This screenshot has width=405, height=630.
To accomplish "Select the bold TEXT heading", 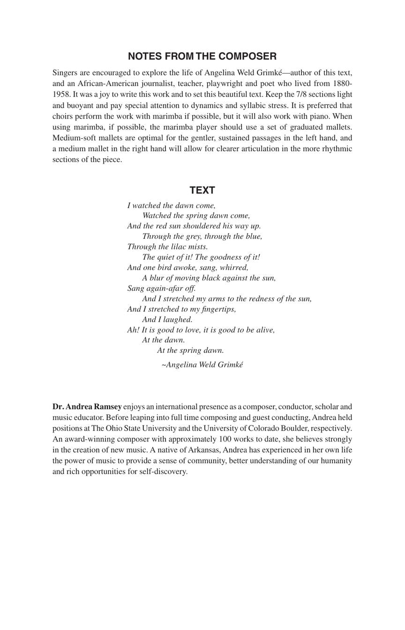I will (x=202, y=190).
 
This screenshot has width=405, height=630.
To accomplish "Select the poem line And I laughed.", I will (x=167, y=319).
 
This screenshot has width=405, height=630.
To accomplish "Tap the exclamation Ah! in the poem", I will (x=133, y=330).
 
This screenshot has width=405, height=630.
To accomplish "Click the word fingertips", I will (x=214, y=309).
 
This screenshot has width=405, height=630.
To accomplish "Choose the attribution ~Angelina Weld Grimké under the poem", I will (x=202, y=365).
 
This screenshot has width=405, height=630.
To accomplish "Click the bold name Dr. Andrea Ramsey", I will (x=87, y=407).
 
